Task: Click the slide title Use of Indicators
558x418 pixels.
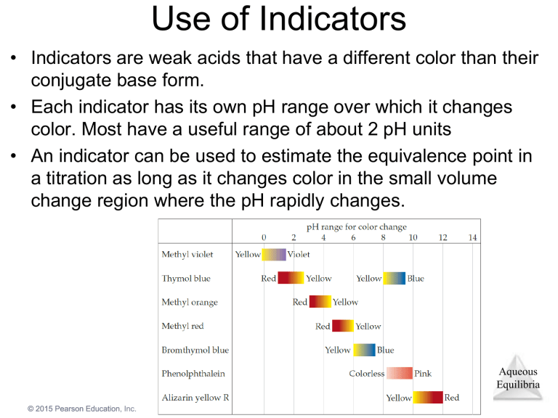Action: (279, 20)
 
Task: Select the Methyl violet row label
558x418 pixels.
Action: (187, 255)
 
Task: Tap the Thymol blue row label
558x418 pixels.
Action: (186, 279)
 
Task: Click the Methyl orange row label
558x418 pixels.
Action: (189, 303)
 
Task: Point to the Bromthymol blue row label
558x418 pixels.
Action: (195, 350)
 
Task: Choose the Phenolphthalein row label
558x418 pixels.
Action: (193, 374)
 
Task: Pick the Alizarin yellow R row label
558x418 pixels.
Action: (195, 398)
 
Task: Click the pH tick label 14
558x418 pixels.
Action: (472, 238)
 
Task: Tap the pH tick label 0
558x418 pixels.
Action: (264, 238)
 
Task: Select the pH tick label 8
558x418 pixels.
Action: (383, 238)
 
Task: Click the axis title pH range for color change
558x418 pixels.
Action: (356, 227)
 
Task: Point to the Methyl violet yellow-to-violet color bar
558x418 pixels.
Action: (274, 255)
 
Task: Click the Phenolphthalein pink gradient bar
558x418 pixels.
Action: (399, 374)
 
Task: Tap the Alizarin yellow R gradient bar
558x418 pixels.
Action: (428, 398)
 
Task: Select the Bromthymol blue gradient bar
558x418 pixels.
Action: (364, 350)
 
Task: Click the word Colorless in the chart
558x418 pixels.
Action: (367, 374)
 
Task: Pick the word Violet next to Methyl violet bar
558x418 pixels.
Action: (299, 255)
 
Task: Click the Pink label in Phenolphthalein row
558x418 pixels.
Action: (423, 374)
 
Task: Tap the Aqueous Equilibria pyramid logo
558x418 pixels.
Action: (518, 375)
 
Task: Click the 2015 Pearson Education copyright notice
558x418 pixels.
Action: (82, 409)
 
